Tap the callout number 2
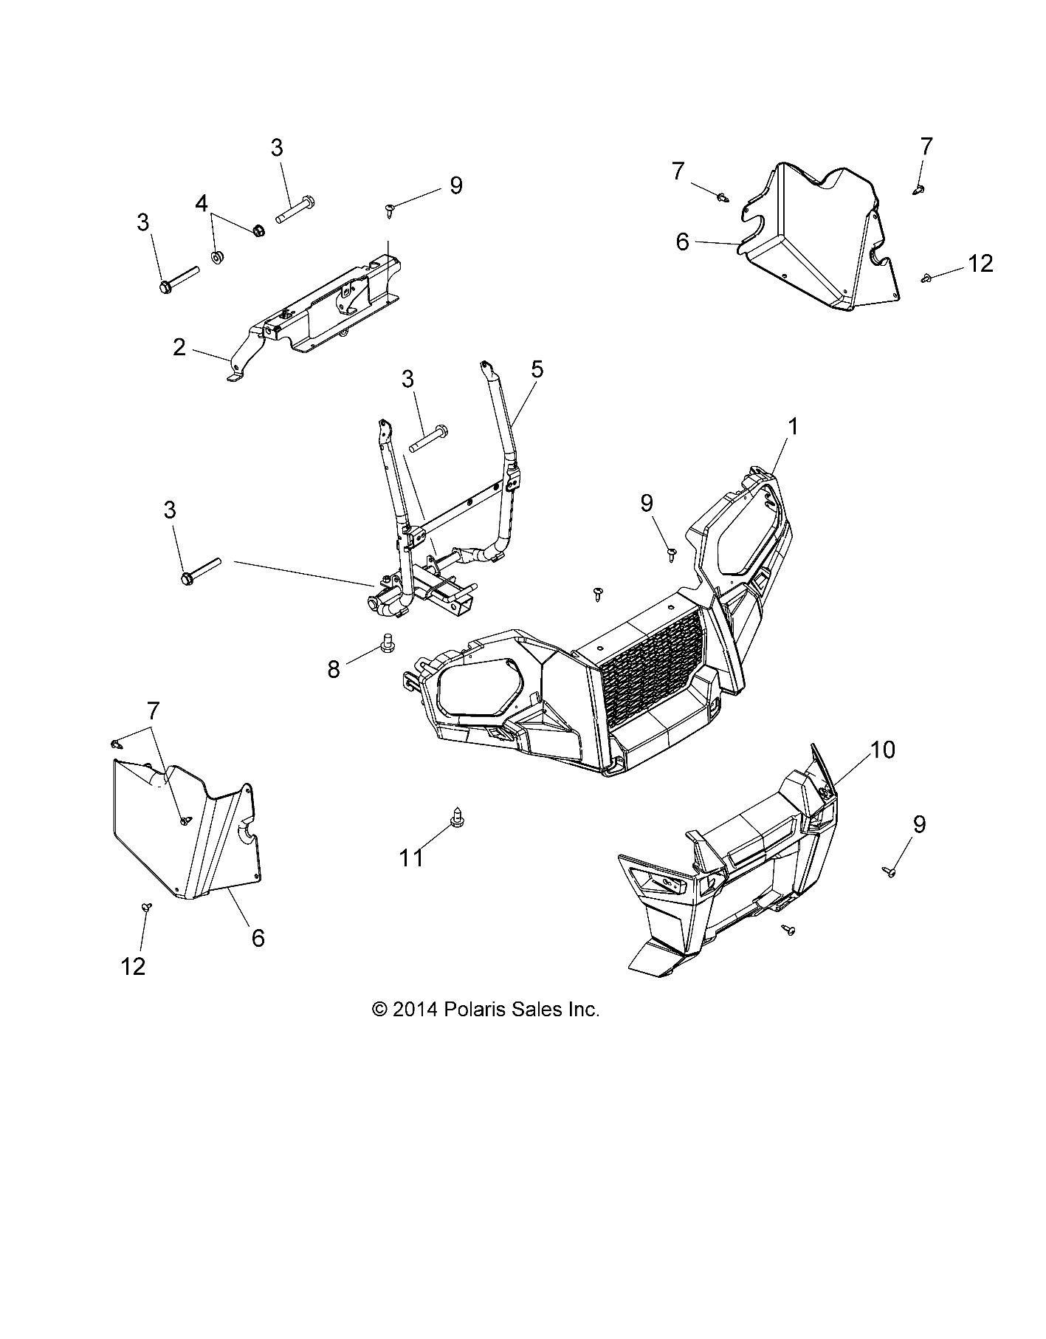(179, 346)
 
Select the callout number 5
(537, 369)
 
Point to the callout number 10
(882, 750)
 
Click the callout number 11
(411, 857)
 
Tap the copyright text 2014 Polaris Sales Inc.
(486, 1009)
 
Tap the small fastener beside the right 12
(926, 278)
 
